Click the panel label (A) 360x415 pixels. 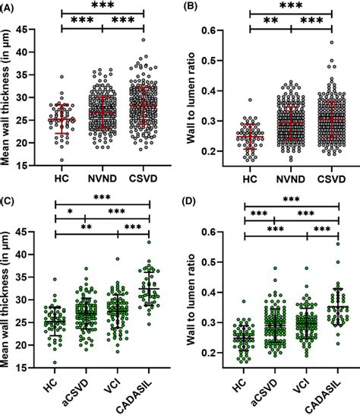[10, 7]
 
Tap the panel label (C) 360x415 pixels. [10, 204]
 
